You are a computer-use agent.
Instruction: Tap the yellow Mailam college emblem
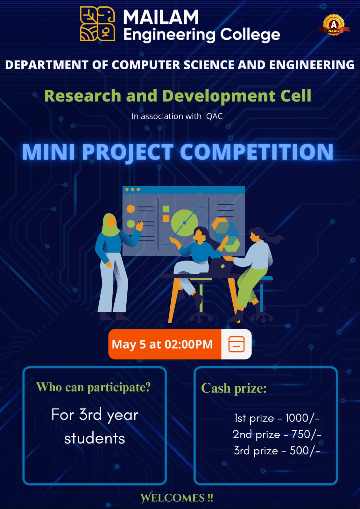click(97, 24)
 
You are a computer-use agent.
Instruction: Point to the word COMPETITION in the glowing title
click(257, 152)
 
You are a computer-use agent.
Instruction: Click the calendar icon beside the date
click(236, 344)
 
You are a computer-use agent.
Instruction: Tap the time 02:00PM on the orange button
click(188, 344)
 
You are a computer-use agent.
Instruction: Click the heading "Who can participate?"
click(94, 387)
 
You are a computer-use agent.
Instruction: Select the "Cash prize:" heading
click(234, 388)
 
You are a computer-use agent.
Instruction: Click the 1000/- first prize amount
click(303, 418)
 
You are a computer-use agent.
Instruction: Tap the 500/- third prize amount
click(305, 451)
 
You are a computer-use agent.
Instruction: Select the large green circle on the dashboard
click(184, 223)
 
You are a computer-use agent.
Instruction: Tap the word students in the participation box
click(95, 439)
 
